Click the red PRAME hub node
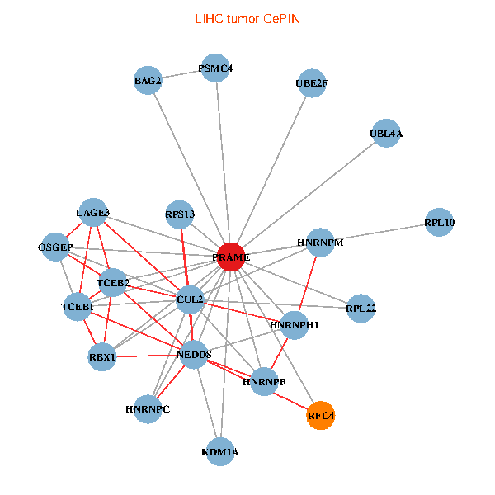tap(232, 257)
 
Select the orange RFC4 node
tap(320, 416)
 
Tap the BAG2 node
tap(148, 80)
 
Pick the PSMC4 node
tap(216, 68)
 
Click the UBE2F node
tap(311, 83)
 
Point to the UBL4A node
tap(386, 133)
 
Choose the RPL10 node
tap(440, 222)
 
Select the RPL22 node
tap(361, 309)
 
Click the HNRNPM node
tap(320, 243)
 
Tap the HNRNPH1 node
tap(295, 325)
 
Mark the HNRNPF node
tap(264, 382)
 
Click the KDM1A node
tap(220, 452)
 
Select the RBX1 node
tap(102, 357)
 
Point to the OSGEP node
tap(56, 247)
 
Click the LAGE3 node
tap(92, 213)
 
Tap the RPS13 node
tap(180, 214)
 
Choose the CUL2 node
tap(190, 299)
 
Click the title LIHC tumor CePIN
tap(247, 18)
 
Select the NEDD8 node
tap(194, 355)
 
